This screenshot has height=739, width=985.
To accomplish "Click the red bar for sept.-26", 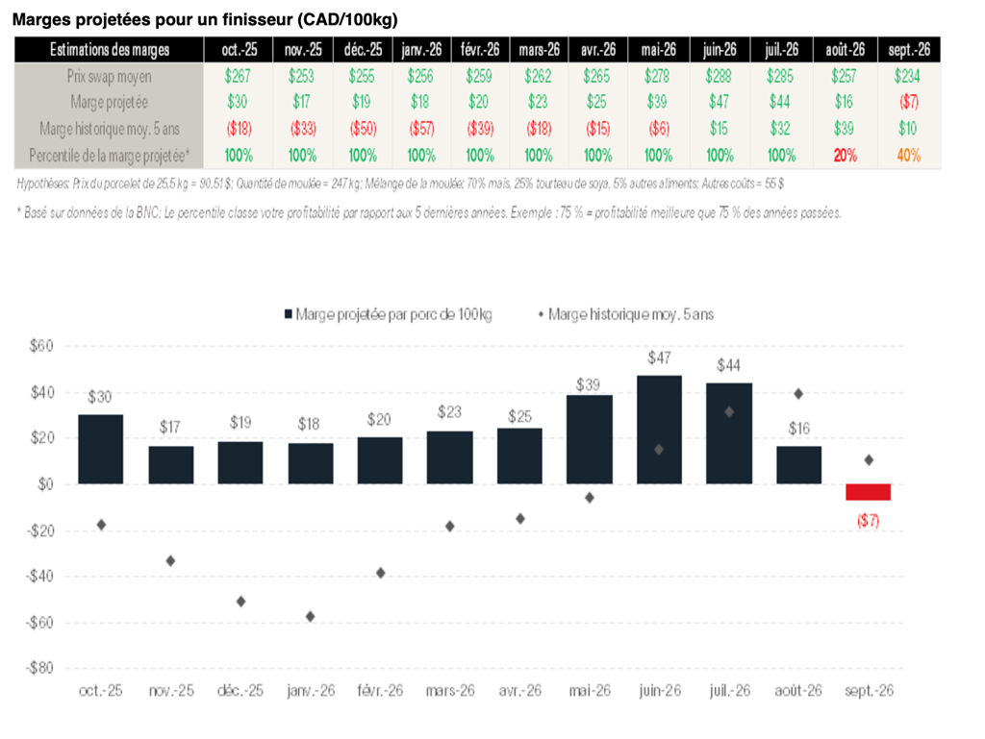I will click(x=869, y=492).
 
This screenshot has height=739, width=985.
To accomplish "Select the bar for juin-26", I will click(x=659, y=430).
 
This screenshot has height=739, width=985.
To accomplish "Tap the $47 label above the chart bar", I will click(x=659, y=358).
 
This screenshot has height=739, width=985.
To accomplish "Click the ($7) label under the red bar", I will click(x=869, y=521).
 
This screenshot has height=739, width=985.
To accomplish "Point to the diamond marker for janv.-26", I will click(x=311, y=616).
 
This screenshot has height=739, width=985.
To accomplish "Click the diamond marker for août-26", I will click(x=798, y=393).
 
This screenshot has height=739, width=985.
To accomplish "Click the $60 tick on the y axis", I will click(x=41, y=347).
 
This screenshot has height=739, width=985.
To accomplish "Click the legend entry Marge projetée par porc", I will click(x=385, y=314).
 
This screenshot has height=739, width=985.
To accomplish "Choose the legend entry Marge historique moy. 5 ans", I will click(x=625, y=314).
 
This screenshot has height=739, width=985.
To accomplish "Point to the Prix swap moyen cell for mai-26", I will click(x=657, y=77).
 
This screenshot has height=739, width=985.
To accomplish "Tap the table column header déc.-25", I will click(x=362, y=50).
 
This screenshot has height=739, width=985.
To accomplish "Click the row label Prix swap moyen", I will click(x=110, y=77).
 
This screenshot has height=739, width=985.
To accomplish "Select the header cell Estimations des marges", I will click(x=110, y=50).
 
